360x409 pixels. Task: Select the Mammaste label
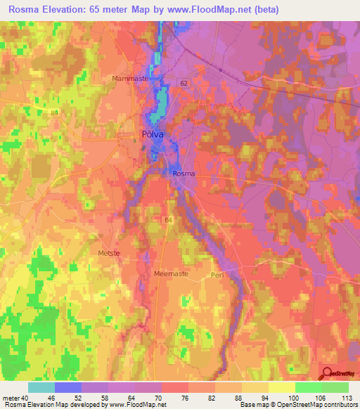[130, 79]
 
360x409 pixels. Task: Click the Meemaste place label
[171, 274]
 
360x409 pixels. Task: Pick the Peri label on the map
[217, 275]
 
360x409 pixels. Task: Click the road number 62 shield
[184, 83]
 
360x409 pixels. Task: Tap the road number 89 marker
[54, 112]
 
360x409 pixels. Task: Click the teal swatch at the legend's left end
[41, 387]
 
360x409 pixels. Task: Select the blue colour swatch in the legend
[68, 387]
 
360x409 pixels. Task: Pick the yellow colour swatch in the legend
[281, 387]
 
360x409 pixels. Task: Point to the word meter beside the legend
[11, 397]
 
